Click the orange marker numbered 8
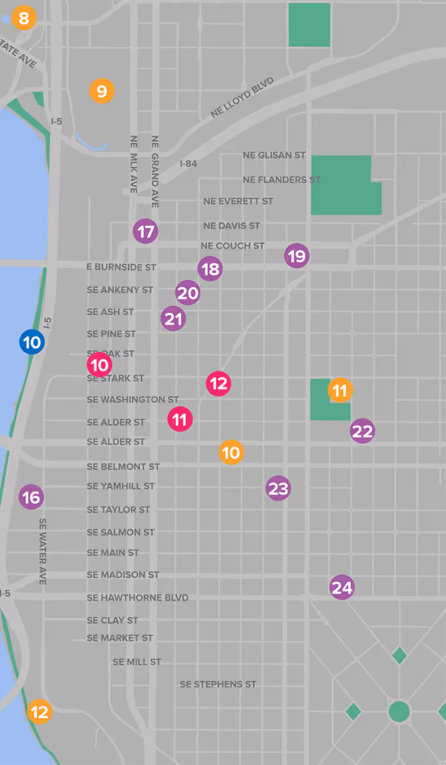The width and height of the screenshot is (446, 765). pos(24,18)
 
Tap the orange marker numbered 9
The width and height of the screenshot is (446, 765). pos(102,90)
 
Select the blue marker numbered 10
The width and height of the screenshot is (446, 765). pos(31,343)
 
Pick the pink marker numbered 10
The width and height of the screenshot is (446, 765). pos(100,365)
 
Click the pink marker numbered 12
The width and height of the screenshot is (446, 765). pos(219,384)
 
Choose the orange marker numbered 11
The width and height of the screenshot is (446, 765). pos(340,390)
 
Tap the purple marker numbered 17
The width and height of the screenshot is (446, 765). pos(145,232)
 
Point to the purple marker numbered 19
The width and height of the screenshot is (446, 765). pos(297,256)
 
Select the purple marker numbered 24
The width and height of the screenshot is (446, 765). pos(342,588)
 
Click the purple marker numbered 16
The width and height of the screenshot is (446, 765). pos(31,497)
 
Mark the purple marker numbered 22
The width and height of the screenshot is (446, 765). pos(362,432)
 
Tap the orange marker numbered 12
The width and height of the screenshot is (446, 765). pos(40,711)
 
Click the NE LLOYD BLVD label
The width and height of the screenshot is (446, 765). pos(242,98)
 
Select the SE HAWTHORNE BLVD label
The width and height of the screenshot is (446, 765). pos(138,598)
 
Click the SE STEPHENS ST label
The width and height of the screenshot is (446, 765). pos(218,684)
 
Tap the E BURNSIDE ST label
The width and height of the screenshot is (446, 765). pos(121,267)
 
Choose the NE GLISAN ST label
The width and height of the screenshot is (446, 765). pos(274,155)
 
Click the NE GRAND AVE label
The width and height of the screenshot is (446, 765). pos(155,171)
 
